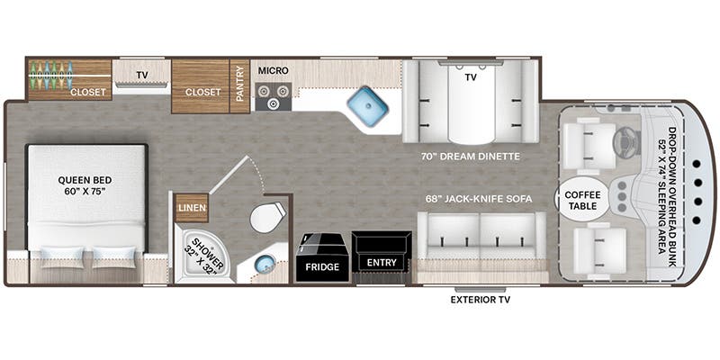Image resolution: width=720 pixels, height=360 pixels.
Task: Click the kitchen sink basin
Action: click(x=367, y=106)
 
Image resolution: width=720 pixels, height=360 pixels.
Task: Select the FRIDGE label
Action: click(x=321, y=267)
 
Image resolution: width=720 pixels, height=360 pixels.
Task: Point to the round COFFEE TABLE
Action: click(x=582, y=198)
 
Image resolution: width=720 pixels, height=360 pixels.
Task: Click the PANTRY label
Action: click(x=239, y=86)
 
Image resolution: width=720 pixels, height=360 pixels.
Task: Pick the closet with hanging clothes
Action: click(x=69, y=79)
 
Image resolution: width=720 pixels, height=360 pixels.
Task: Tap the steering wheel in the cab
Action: click(x=622, y=140)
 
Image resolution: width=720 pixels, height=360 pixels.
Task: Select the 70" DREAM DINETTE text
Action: click(x=470, y=156)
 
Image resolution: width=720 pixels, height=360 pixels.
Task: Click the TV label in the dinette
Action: click(x=470, y=78)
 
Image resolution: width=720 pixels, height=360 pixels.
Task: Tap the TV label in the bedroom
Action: click(x=141, y=75)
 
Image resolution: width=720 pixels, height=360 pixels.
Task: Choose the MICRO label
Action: click(x=272, y=69)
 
